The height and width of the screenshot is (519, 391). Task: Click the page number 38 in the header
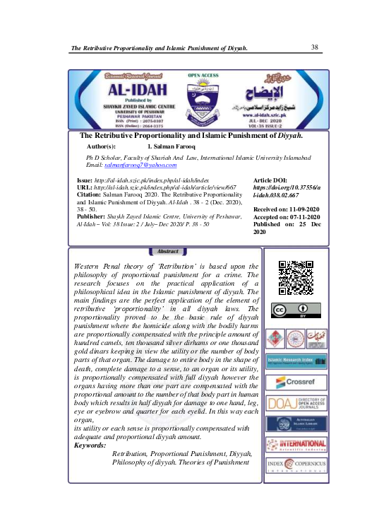[x=315, y=47]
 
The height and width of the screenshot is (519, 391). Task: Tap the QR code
[x=296, y=278]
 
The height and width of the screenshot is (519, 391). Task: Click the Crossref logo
[x=296, y=382]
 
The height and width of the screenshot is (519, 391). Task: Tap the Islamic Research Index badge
[x=296, y=361]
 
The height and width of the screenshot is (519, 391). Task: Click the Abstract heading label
[x=169, y=252]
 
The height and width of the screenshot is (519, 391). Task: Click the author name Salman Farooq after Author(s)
[x=170, y=145]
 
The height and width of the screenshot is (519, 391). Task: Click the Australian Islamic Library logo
[x=296, y=424]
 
